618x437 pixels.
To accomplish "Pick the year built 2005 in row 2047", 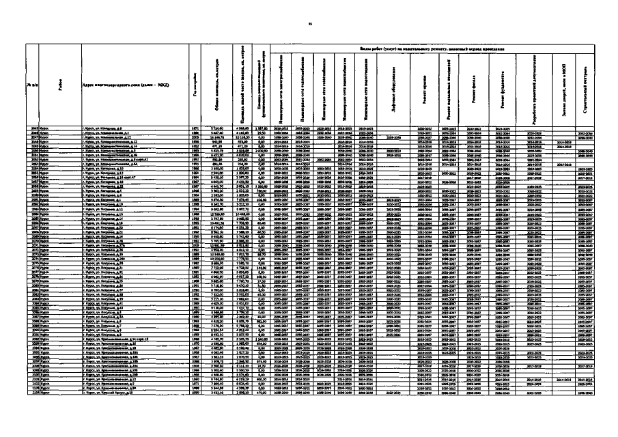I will coord(195,137).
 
